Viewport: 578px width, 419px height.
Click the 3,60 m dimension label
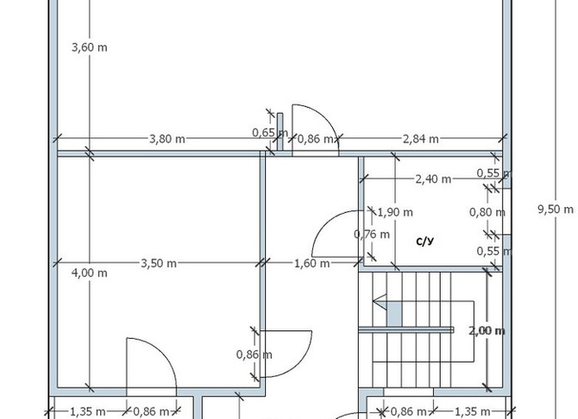tap(90, 47)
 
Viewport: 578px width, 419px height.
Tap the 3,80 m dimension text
tap(167, 139)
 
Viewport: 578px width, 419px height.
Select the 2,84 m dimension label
tap(421, 139)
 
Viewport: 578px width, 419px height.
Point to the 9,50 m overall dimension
tap(556, 209)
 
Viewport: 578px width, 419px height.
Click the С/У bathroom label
tap(425, 241)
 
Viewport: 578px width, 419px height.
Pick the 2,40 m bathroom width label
tap(433, 179)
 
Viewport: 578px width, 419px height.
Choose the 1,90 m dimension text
tap(395, 212)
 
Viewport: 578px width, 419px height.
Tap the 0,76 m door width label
tap(372, 234)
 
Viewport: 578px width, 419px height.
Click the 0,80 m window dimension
tap(487, 212)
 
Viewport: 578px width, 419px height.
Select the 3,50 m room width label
tap(159, 264)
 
